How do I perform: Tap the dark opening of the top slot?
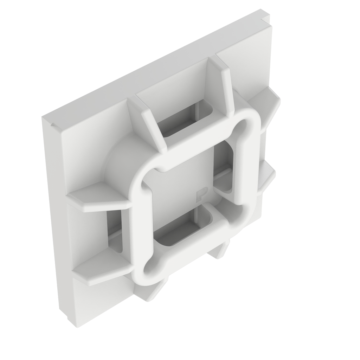click(x=186, y=120)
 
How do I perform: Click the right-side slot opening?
click(x=225, y=165)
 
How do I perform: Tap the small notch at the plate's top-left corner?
click(x=52, y=124)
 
